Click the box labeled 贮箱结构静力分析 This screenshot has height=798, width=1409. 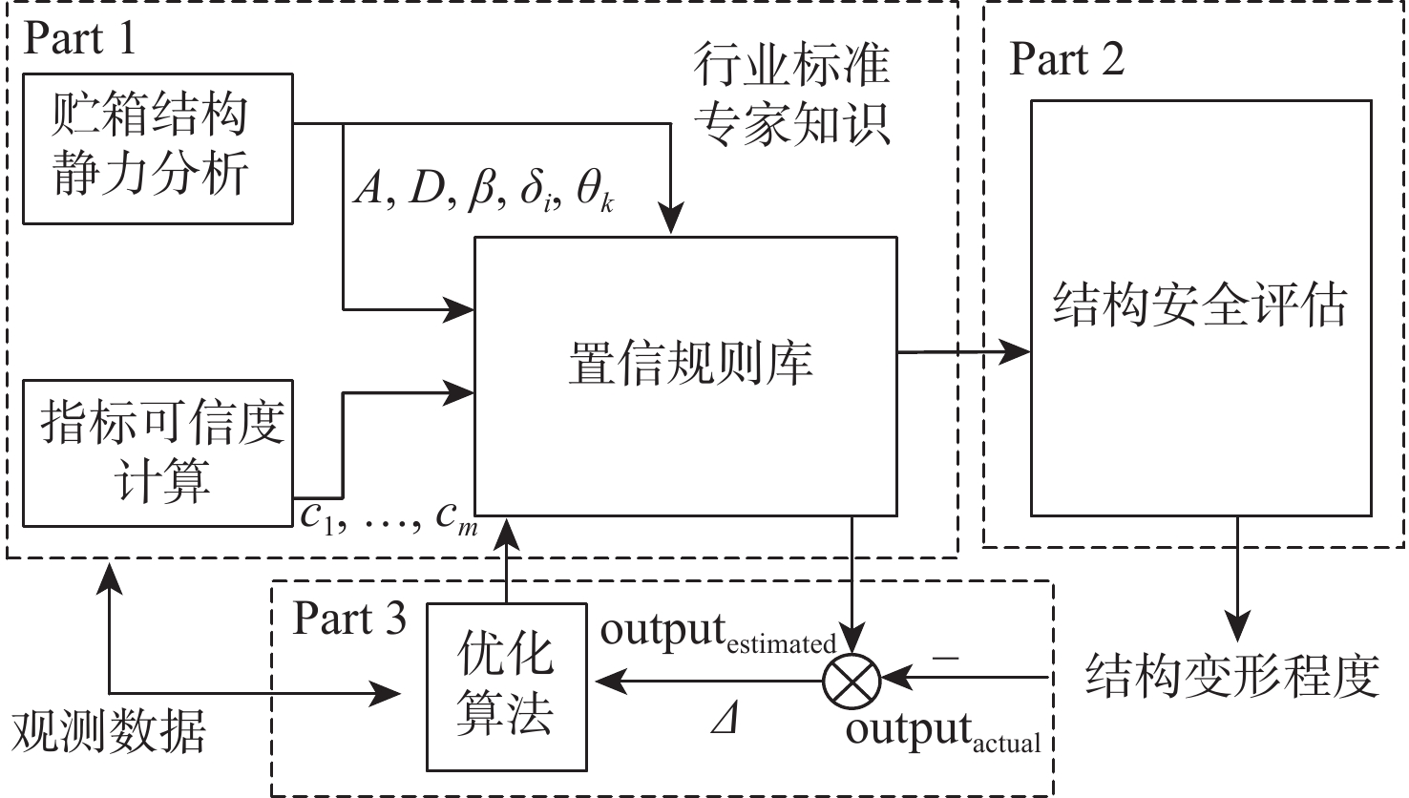[158, 148]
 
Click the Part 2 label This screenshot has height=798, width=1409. [1066, 60]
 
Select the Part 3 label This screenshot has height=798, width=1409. [349, 619]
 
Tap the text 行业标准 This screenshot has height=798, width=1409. [791, 65]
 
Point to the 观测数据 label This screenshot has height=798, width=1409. [108, 733]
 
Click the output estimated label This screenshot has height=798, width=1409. [718, 634]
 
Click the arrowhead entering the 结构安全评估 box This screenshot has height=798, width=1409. [1020, 352]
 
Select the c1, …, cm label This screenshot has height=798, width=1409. [389, 517]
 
